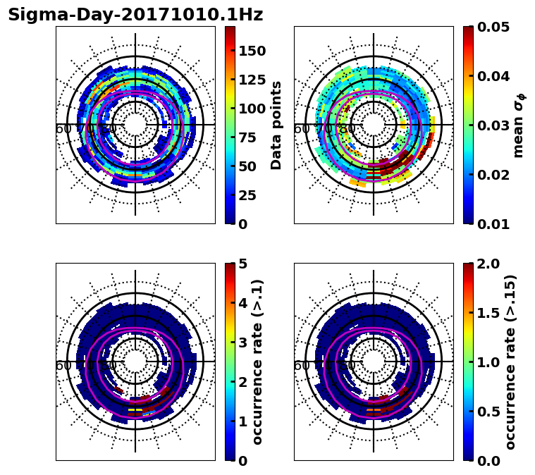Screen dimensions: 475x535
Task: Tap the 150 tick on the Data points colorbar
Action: pos(252,51)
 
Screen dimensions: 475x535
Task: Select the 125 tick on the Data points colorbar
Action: pos(252,80)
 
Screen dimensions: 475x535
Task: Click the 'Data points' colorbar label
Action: pos(276,125)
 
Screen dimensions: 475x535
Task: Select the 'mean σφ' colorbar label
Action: pos(518,125)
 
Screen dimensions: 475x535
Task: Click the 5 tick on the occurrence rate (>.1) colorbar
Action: pos(242,264)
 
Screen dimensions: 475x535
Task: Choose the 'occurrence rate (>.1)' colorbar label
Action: pos(257,362)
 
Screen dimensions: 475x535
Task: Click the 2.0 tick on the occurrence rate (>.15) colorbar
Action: pos(486,264)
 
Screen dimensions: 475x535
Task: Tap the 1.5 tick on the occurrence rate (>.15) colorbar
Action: pos(486,313)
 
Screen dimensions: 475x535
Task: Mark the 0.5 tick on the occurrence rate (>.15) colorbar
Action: pos(486,412)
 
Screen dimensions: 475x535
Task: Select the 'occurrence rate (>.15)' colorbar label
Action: pos(510,362)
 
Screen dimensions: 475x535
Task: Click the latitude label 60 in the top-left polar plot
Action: pos(63,129)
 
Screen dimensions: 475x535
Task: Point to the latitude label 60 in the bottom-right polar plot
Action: pos(301,366)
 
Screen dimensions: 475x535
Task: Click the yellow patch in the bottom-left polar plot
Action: pos(135,409)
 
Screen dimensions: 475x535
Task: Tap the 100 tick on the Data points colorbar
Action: pos(252,109)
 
